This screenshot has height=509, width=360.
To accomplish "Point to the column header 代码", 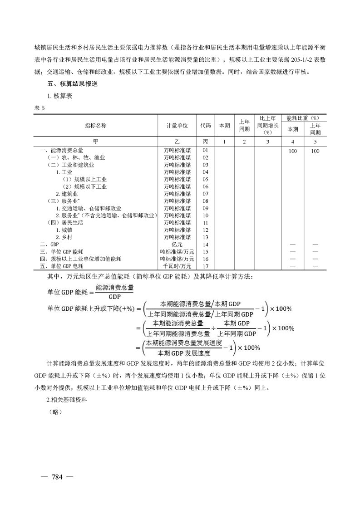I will (x=205, y=125).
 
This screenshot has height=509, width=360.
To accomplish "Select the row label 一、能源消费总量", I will (x=61, y=150).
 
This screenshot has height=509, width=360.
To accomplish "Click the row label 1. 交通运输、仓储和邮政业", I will (x=88, y=208).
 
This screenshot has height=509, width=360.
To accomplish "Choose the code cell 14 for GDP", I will (x=205, y=245).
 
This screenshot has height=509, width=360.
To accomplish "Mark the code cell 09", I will (x=205, y=208).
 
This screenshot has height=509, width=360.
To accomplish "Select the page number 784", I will (x=57, y=477).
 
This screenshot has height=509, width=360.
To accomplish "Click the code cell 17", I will (x=205, y=266).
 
